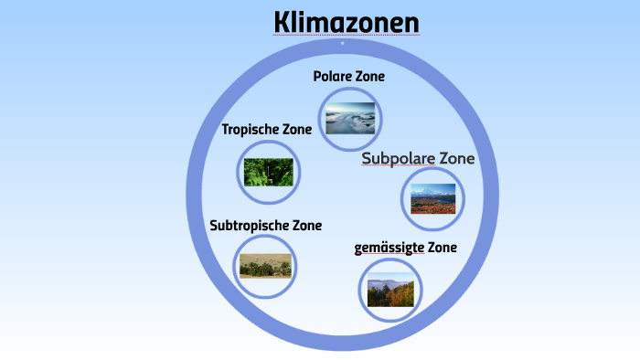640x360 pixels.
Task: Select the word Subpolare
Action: pos(398,159)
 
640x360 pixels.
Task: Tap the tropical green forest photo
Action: pos(268,172)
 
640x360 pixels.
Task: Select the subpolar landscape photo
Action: pos(432,198)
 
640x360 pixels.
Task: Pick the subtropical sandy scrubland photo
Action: pos(266,266)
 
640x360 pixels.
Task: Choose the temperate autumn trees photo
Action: pos(390,292)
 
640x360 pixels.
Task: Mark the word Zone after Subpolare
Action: pos(457,159)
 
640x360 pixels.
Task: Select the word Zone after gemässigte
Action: pos(441,248)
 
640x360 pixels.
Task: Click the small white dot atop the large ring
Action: pos(342,43)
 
